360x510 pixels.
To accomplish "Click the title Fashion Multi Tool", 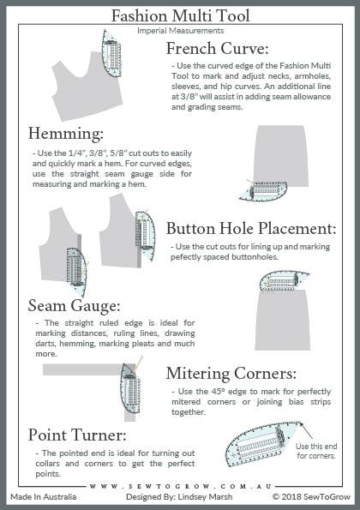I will tap(180, 16).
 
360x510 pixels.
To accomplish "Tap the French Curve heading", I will tap(218, 48).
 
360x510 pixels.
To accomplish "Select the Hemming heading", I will tap(66, 135).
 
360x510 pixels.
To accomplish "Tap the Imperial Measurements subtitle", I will tap(180, 31).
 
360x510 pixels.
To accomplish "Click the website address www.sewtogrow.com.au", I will tap(180, 484).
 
